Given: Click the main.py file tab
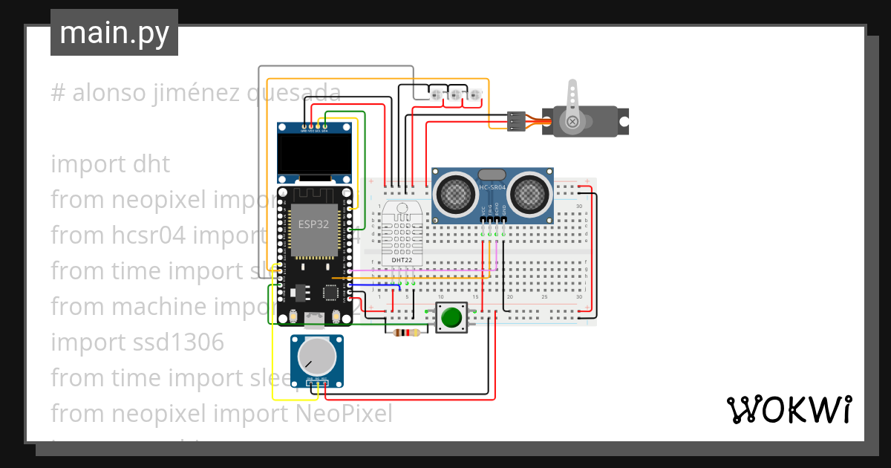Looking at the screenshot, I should [114, 33].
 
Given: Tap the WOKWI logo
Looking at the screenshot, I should [789, 409].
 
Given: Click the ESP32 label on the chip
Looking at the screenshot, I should [313, 224].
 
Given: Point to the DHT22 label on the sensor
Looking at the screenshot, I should [402, 260].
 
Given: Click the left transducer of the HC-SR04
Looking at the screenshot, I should [455, 193].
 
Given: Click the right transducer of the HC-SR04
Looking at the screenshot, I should [529, 193].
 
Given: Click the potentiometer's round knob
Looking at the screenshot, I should [317, 358].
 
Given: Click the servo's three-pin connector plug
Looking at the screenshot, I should [517, 120].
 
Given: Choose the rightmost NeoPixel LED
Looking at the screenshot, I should [474, 94].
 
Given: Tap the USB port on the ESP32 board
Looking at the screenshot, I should [315, 321].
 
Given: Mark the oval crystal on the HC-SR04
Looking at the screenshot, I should [492, 174].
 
